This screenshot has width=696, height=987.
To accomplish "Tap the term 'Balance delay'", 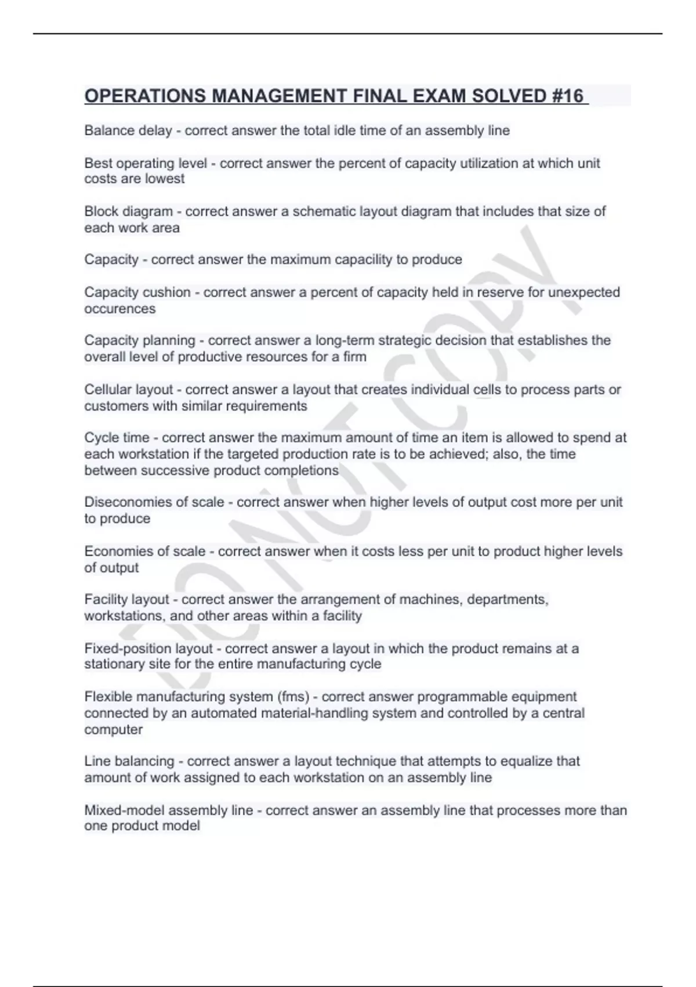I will (x=128, y=131).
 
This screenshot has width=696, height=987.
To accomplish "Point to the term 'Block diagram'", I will (x=128, y=211).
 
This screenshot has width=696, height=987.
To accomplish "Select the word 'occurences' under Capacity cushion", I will (x=120, y=309).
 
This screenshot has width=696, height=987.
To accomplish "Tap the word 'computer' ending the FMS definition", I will (x=113, y=729).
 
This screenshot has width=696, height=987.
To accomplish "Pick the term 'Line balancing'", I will (x=129, y=761).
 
